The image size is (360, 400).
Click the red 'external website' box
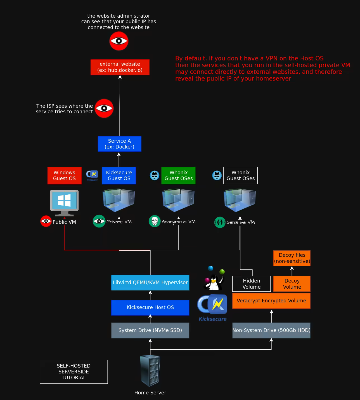tap(120, 67)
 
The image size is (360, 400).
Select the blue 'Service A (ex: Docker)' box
tap(119, 144)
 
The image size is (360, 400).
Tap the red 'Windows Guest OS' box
tap(64, 175)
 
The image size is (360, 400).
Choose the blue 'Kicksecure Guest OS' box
tap(119, 175)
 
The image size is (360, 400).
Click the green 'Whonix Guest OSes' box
tap(178, 175)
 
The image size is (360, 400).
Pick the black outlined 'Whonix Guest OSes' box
tap(240, 175)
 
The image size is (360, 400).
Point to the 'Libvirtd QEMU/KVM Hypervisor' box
tap(150, 283)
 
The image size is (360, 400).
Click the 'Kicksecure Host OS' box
tap(150, 307)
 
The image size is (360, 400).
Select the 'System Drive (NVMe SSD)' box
tap(150, 330)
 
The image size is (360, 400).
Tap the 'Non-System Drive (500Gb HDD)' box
tap(271, 330)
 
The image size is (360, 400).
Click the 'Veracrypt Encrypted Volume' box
tap(271, 301)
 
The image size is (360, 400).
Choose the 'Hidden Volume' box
tap(251, 284)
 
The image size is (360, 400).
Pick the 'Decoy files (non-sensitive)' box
tap(292, 258)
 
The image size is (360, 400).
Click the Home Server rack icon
tap(150, 371)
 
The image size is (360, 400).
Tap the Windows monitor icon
tap(64, 202)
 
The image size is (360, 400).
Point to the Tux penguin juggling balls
tap(214, 280)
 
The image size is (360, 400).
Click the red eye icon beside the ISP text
tap(104, 108)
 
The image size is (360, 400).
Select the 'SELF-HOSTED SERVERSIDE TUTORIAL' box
tap(74, 371)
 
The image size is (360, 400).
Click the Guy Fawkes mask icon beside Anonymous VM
tap(155, 221)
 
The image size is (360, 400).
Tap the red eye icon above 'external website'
tap(119, 41)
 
